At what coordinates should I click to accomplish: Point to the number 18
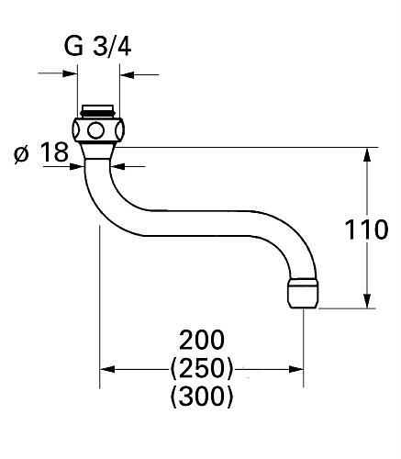pos(54,151)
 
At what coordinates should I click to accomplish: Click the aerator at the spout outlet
pos(303,292)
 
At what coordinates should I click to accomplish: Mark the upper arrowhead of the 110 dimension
pos(368,153)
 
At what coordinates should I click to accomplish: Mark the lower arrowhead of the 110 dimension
pos(368,302)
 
